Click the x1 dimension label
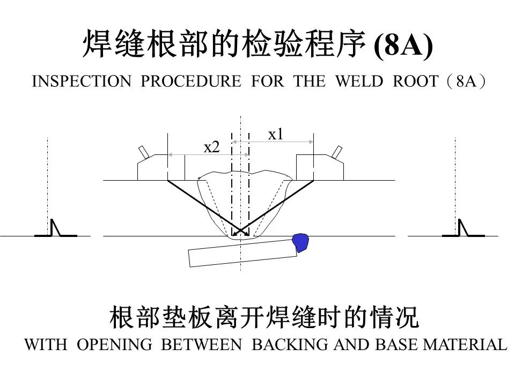click(275, 135)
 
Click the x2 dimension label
click(211, 147)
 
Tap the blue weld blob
click(300, 242)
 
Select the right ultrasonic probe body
click(320, 167)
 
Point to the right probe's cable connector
click(337, 152)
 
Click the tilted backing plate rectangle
click(242, 253)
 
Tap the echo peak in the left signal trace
click(53, 220)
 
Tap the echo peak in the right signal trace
click(460, 220)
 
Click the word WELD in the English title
click(359, 81)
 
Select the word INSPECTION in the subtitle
click(82, 81)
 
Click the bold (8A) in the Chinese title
click(403, 44)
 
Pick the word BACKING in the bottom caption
click(290, 345)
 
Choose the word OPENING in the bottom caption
click(115, 345)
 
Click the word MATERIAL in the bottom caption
click(465, 345)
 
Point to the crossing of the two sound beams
click(240, 232)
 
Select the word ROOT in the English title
click(415, 81)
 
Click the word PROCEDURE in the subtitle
click(191, 81)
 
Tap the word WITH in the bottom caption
click(46, 345)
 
